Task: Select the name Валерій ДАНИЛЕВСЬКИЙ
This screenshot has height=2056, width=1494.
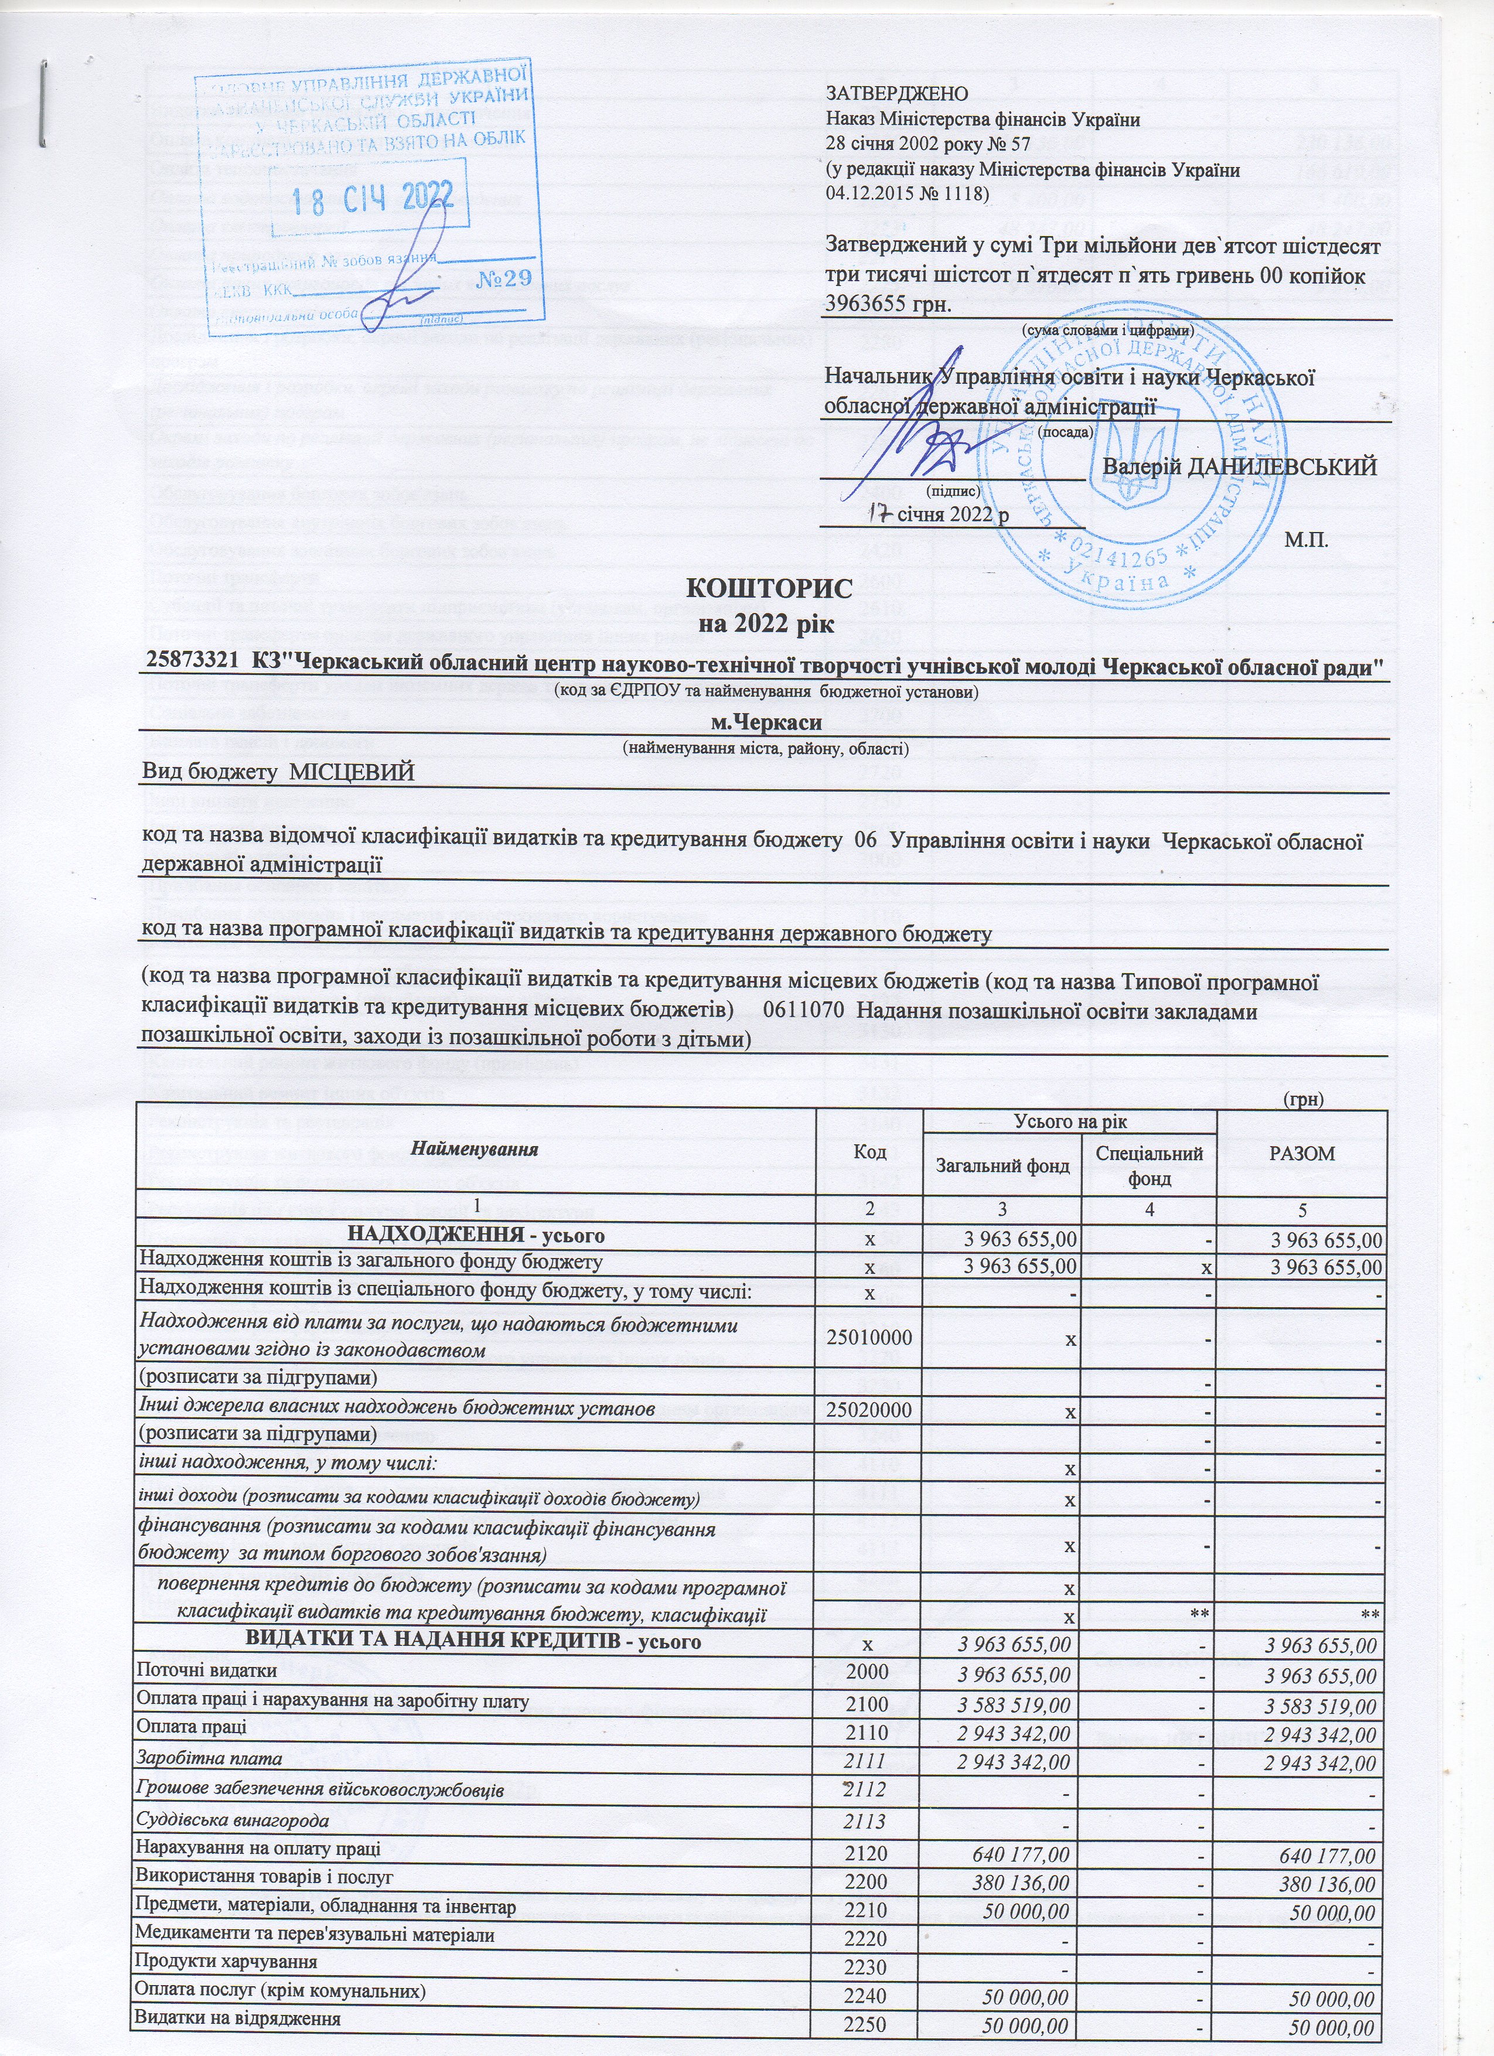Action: coord(1240,467)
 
